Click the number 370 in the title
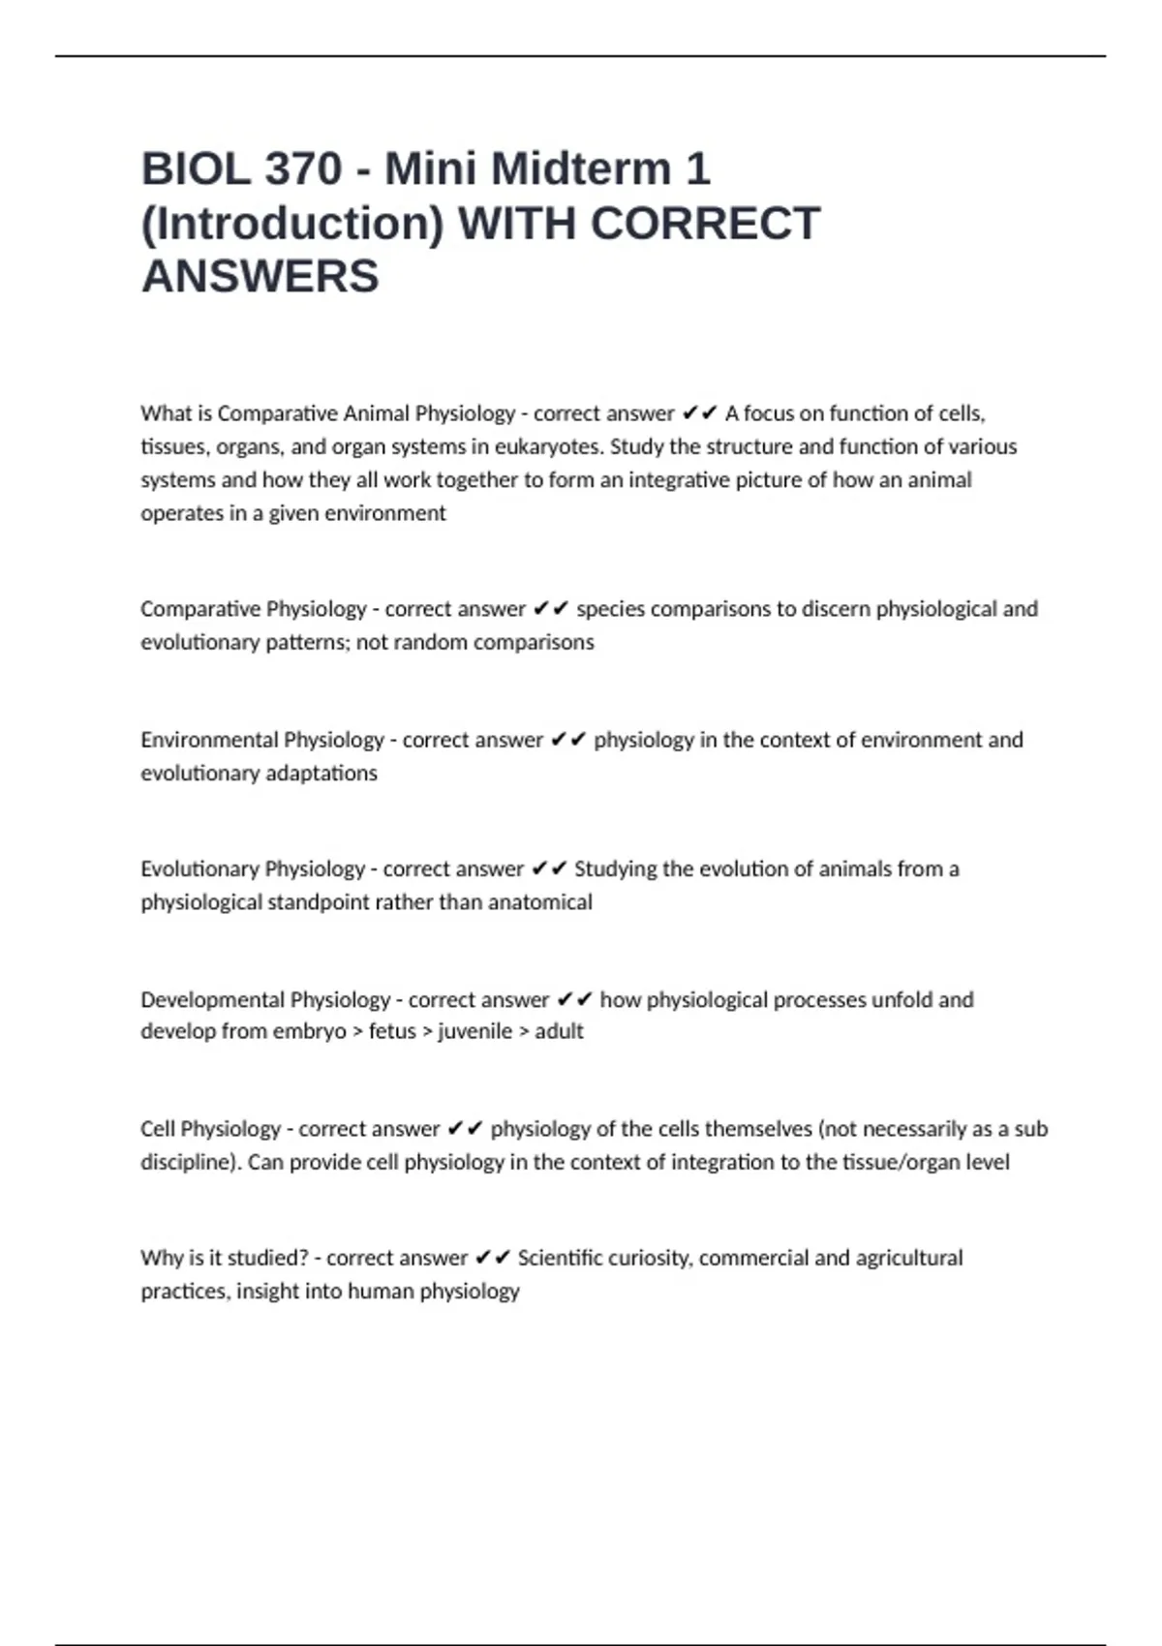[x=303, y=169]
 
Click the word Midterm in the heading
[x=582, y=169]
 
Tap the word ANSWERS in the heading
[x=260, y=277]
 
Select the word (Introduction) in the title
[x=292, y=224]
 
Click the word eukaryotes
[x=549, y=447]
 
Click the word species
[x=610, y=609]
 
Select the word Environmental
[x=199, y=740]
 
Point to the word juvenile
[x=474, y=1031]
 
